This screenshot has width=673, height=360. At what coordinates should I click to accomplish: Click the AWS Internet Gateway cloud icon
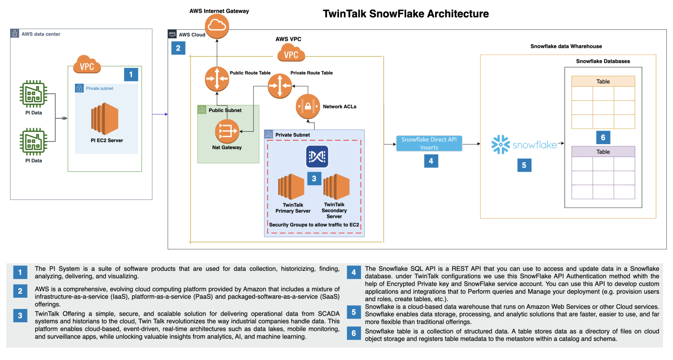click(217, 26)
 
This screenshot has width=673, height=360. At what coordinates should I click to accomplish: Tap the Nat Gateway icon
click(227, 131)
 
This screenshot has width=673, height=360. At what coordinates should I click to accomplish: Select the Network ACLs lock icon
click(308, 107)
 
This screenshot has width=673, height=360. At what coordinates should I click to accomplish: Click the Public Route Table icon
click(217, 79)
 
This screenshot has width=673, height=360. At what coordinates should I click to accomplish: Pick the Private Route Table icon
click(280, 86)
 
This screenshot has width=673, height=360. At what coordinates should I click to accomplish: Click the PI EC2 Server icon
click(105, 119)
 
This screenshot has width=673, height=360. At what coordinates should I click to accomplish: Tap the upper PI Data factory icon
click(33, 94)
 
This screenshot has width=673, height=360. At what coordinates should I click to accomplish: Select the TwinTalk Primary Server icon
click(291, 186)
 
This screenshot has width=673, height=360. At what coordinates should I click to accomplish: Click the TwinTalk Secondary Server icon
click(336, 186)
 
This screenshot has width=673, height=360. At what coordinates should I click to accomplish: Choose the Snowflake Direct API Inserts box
click(429, 143)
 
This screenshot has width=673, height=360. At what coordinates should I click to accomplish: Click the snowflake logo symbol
click(500, 144)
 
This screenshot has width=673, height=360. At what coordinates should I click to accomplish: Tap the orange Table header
click(603, 81)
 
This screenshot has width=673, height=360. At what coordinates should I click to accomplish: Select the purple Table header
click(603, 152)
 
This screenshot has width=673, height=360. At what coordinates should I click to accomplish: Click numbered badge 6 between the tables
click(603, 137)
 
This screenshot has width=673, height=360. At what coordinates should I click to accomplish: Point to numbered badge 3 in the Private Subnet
click(314, 179)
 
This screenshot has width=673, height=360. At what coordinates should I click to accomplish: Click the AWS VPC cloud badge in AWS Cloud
click(291, 54)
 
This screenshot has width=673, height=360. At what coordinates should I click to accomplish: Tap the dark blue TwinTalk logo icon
click(317, 156)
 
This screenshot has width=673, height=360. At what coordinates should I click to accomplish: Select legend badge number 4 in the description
click(354, 272)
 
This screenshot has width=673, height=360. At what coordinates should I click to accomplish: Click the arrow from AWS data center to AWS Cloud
click(160, 114)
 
